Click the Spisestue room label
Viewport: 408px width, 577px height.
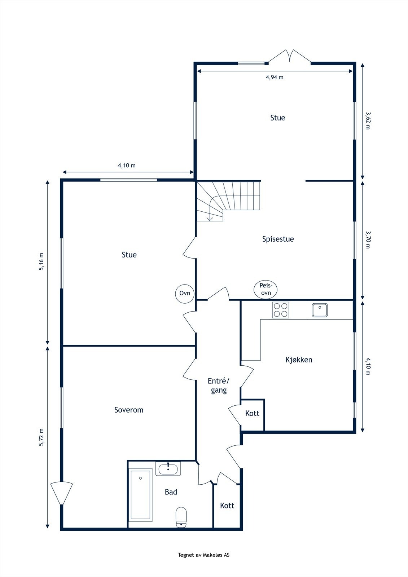pyautogui.click(x=278, y=239)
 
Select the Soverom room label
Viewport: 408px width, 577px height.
pyautogui.click(x=129, y=410)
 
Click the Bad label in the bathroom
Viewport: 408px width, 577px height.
pyautogui.click(x=171, y=492)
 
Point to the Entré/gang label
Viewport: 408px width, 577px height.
pyautogui.click(x=219, y=386)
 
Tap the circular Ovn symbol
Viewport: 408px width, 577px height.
pyautogui.click(x=185, y=293)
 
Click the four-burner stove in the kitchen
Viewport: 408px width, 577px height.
pyautogui.click(x=280, y=310)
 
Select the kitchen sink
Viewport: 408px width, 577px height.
pyautogui.click(x=320, y=310)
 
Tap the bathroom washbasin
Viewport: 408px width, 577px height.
pyautogui.click(x=168, y=468)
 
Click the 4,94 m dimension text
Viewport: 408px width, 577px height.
pyautogui.click(x=275, y=77)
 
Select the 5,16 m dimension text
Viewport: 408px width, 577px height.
pyautogui.click(x=41, y=261)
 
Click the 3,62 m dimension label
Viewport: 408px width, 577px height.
pyautogui.click(x=368, y=120)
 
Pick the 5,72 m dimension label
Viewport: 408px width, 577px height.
pyautogui.click(x=41, y=437)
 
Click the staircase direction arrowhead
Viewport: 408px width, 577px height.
pyautogui.click(x=210, y=219)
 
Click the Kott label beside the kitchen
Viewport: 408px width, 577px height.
pyautogui.click(x=252, y=413)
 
